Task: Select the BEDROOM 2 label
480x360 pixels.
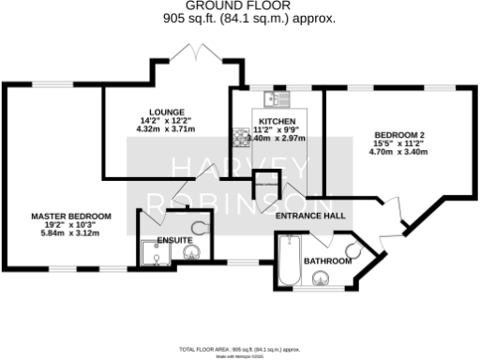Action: click(397, 134)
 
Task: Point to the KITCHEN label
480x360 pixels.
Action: click(277, 122)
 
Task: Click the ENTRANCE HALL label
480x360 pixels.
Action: click(310, 216)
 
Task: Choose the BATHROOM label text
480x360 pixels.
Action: click(327, 261)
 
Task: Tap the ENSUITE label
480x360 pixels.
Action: click(174, 241)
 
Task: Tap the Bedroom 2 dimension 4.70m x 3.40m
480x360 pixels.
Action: click(397, 151)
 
